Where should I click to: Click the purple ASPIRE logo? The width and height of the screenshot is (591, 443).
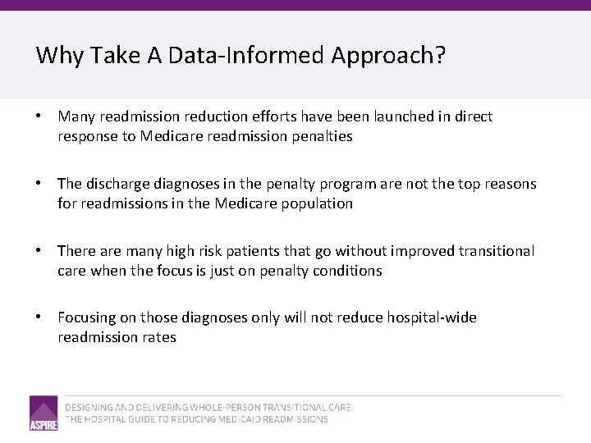tap(44, 413)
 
